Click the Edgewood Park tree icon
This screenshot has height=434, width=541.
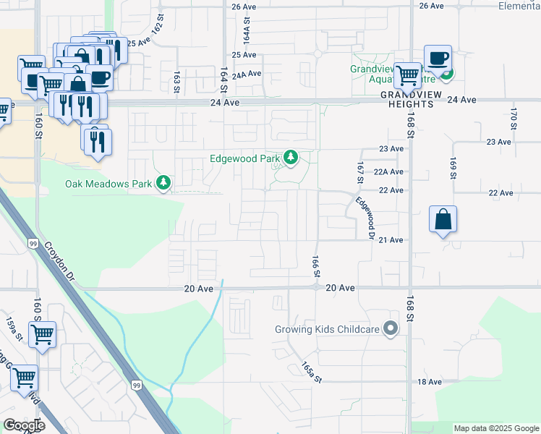click(x=291, y=158)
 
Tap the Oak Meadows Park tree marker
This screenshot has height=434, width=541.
click(x=164, y=183)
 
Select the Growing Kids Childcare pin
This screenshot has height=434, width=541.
click(x=391, y=329)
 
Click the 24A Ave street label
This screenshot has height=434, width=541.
click(x=246, y=74)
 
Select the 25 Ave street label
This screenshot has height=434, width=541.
click(x=244, y=55)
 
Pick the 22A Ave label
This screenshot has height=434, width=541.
click(x=388, y=172)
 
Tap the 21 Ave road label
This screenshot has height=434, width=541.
click(x=391, y=239)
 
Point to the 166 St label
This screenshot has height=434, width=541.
click(x=315, y=265)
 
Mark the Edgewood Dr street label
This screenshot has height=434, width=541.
click(x=365, y=218)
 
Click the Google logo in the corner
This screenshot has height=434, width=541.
click(x=24, y=425)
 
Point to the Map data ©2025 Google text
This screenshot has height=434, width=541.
click(x=496, y=428)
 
